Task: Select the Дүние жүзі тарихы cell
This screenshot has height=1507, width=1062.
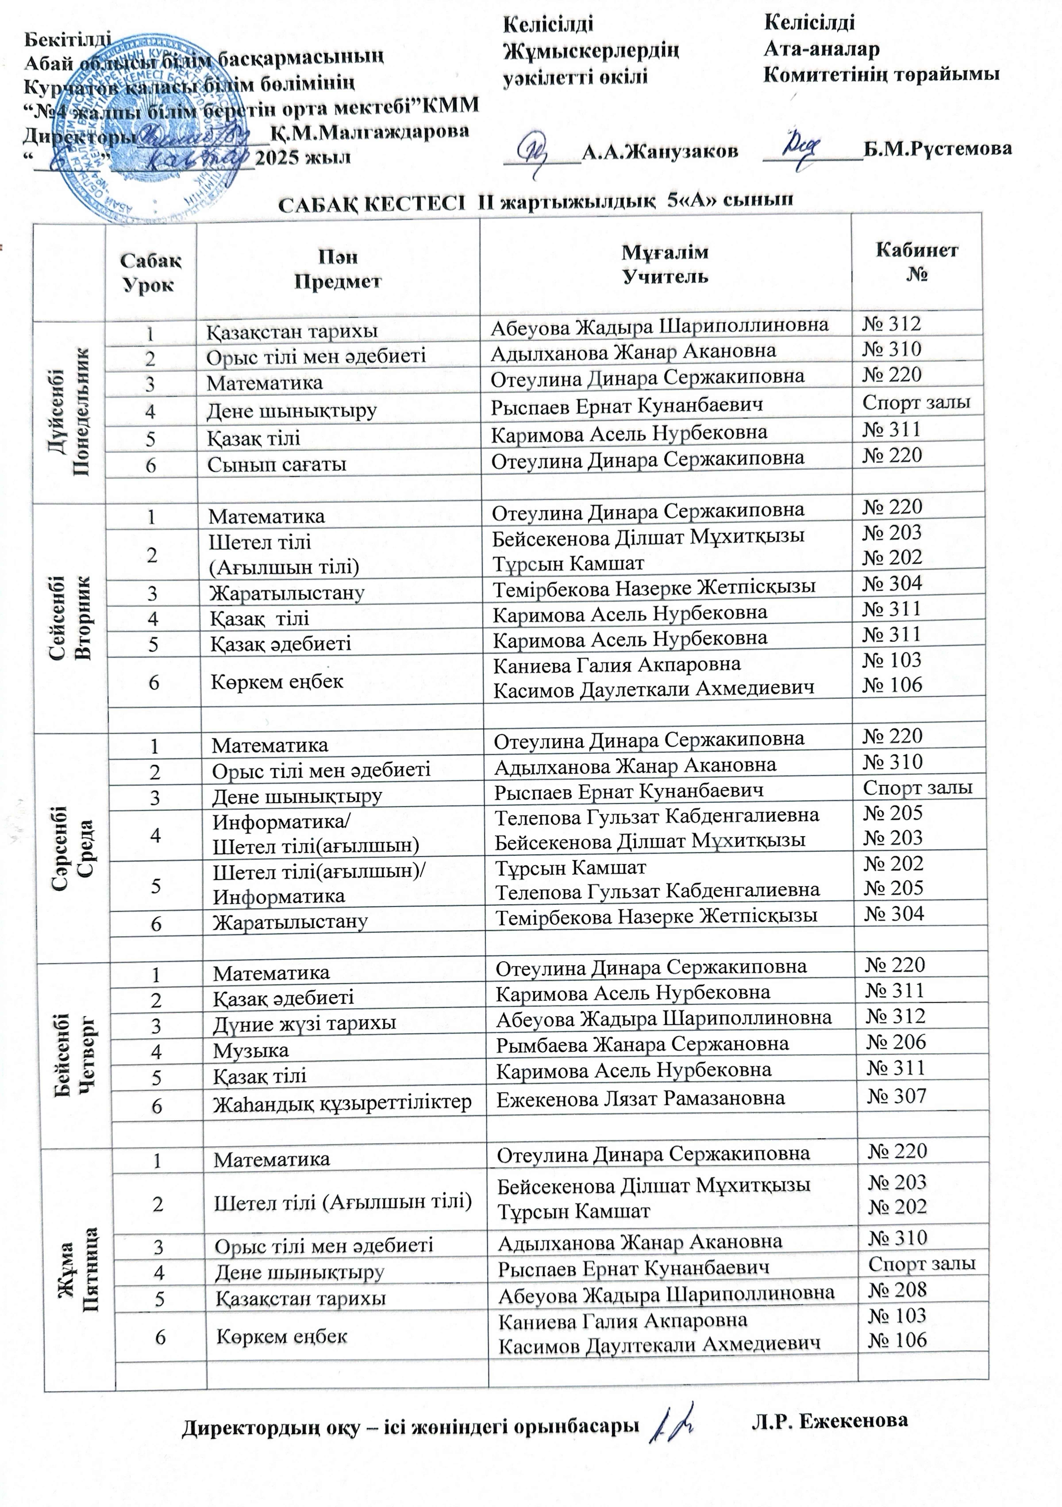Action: (x=304, y=1023)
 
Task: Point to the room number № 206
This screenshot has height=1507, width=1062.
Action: (x=896, y=1042)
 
